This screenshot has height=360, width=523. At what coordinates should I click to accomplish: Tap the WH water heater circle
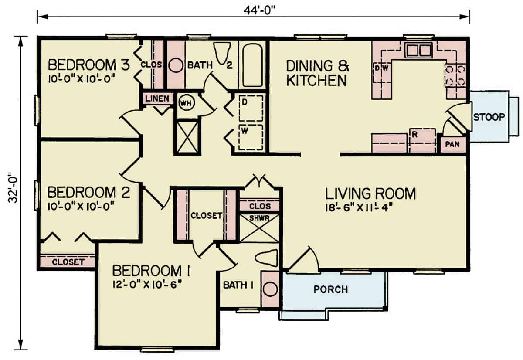tap(185, 103)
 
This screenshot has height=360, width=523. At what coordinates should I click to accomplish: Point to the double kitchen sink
tap(418, 51)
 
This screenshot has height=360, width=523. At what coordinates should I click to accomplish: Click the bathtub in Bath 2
tap(253, 65)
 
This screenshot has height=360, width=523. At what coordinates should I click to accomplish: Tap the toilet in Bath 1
tap(266, 257)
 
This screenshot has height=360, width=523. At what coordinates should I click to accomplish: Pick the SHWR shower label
tap(260, 217)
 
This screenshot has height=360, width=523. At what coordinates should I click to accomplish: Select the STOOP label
tap(489, 117)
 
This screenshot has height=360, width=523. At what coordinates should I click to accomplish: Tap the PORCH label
tap(331, 289)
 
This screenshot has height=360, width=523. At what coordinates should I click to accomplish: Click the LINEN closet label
tap(157, 99)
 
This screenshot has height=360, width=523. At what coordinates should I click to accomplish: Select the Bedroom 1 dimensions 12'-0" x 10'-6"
tap(146, 284)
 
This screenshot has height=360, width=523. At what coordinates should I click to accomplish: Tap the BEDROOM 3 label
tap(88, 65)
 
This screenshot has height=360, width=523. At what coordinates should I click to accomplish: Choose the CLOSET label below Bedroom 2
tap(68, 262)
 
